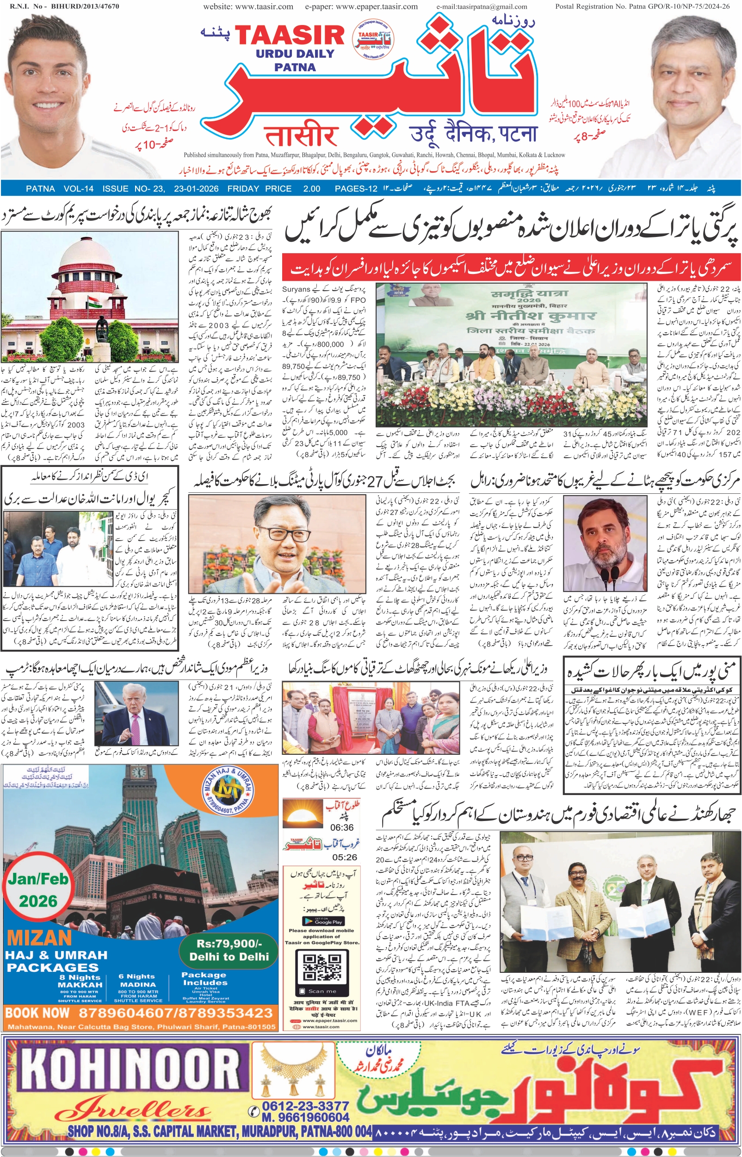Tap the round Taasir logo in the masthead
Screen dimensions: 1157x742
372,38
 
